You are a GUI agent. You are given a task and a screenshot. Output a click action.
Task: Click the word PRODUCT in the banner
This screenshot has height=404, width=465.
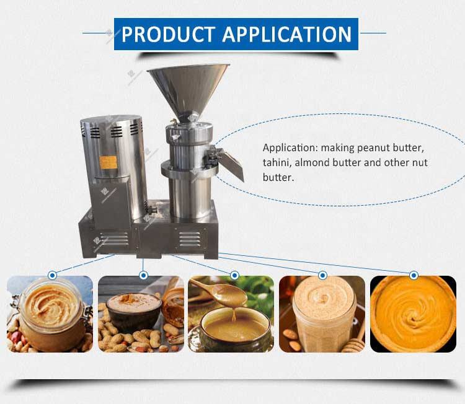click(168, 34)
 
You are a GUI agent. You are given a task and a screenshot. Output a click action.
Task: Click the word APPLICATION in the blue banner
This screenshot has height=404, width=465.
click(287, 34)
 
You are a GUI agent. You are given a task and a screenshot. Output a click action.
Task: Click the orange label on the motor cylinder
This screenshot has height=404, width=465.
click(108, 162)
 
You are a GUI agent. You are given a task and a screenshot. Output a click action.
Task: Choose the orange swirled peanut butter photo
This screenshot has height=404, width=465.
click(413, 314)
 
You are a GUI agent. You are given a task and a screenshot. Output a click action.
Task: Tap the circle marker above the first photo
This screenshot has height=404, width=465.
click(53, 276)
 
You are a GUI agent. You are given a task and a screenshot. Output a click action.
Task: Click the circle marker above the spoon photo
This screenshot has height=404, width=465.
click(234, 276)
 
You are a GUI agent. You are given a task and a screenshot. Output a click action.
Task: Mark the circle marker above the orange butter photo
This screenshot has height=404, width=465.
click(414, 276)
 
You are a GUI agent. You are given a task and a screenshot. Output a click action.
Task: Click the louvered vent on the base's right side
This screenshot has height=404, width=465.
click(190, 239)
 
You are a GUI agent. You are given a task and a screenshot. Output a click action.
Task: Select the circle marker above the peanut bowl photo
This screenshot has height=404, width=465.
click(144, 276)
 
